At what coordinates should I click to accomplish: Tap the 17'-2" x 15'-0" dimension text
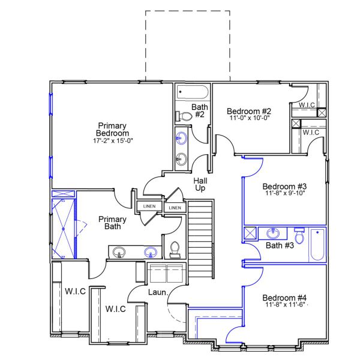pyautogui.click(x=113, y=141)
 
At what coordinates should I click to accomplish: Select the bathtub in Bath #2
pyautogui.click(x=193, y=93)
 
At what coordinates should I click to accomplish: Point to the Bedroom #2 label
pyautogui.click(x=249, y=111)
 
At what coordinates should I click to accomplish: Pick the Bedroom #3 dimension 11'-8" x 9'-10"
pyautogui.click(x=284, y=194)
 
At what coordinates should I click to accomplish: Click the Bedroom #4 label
pyautogui.click(x=284, y=298)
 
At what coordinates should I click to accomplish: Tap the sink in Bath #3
pyautogui.click(x=273, y=232)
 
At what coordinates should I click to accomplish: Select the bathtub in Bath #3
pyautogui.click(x=316, y=244)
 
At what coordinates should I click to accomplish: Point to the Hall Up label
pyautogui.click(x=200, y=184)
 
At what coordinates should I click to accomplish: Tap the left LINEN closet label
pyautogui.click(x=149, y=206)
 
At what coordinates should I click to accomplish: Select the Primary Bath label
pyautogui.click(x=112, y=223)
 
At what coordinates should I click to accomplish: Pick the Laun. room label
pyautogui.click(x=157, y=292)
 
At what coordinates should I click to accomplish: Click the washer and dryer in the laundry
pyautogui.click(x=167, y=274)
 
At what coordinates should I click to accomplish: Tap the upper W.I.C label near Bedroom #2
pyautogui.click(x=307, y=106)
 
